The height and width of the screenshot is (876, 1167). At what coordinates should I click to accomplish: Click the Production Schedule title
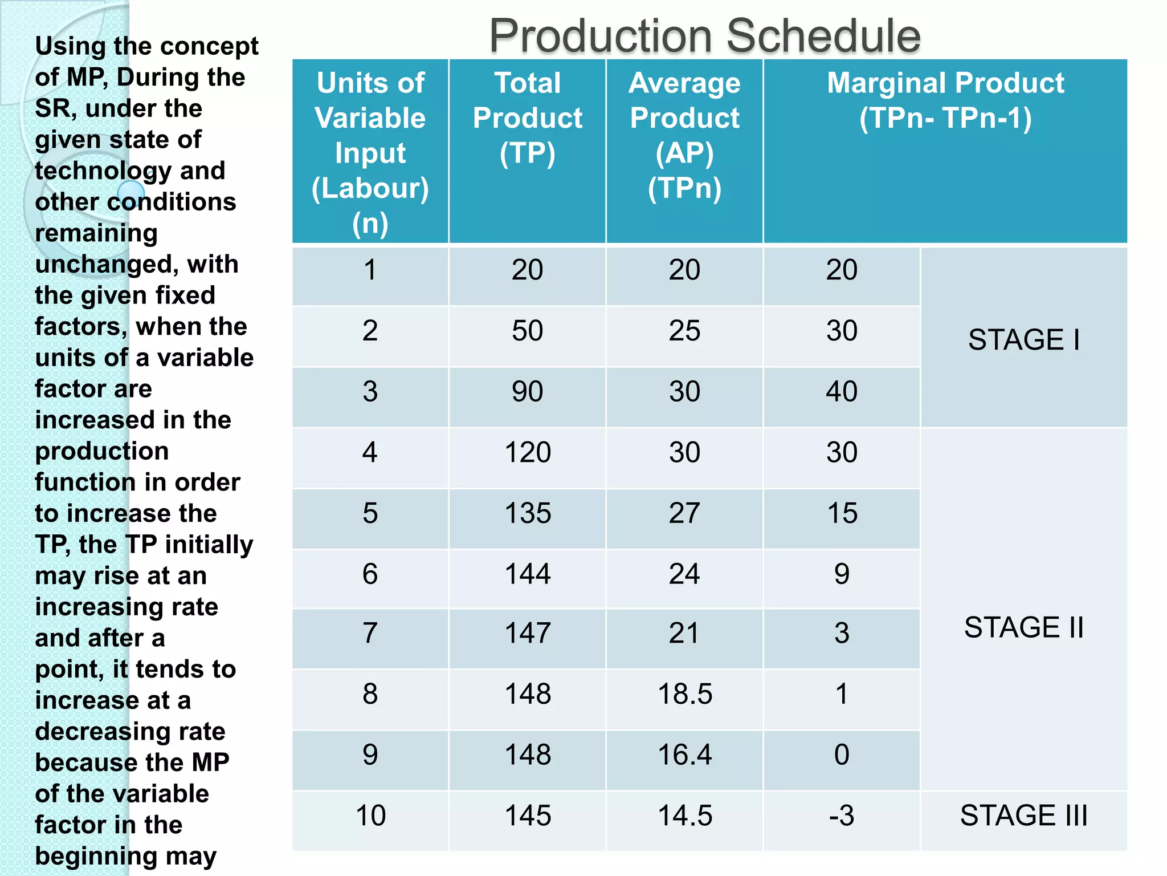click(704, 35)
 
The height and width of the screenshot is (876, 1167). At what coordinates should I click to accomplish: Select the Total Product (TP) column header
click(528, 118)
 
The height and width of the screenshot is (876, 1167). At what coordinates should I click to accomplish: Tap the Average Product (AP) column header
click(684, 135)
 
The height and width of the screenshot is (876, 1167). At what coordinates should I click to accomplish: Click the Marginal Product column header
click(945, 100)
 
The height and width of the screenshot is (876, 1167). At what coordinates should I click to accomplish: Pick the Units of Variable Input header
click(370, 152)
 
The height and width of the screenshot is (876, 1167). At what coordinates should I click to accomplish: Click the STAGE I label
click(1024, 340)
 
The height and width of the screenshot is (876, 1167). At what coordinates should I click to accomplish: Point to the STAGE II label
click(1024, 627)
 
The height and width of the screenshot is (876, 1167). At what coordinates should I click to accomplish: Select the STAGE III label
click(1024, 815)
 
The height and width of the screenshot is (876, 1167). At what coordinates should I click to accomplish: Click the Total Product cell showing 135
click(528, 513)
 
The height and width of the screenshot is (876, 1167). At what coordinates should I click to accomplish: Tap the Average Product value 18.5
click(684, 694)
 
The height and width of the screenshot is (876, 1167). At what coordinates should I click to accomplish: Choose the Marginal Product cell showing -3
click(842, 816)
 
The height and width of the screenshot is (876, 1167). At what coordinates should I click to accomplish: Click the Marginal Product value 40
click(842, 392)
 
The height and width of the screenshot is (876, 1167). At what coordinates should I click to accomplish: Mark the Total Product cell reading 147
click(528, 633)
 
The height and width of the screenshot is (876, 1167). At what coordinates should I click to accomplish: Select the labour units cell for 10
click(370, 816)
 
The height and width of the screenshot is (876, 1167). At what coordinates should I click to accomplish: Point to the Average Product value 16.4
click(684, 755)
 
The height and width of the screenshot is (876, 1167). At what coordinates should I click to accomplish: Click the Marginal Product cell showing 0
click(842, 755)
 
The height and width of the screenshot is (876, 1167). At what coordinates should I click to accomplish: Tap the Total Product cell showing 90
click(528, 392)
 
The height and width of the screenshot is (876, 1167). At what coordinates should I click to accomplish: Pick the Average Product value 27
click(684, 513)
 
